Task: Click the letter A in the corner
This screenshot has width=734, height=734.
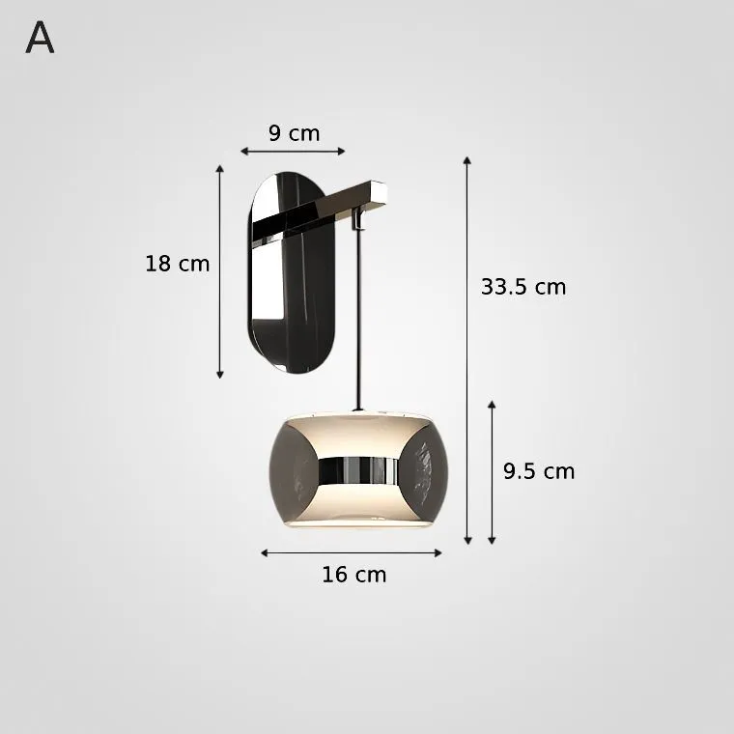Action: coord(40,38)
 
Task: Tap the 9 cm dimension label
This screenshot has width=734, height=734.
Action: coord(294,133)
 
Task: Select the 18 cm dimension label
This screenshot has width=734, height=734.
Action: coord(177,264)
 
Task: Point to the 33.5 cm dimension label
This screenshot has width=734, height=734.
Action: coord(523,287)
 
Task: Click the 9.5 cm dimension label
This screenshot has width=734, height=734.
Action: coord(539,471)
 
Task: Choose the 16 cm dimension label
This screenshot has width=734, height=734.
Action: coord(353,575)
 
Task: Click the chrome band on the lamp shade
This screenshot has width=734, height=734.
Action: coord(358,470)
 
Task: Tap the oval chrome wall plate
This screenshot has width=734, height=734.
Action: coord(291,272)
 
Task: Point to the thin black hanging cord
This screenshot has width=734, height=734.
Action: coord(359,319)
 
